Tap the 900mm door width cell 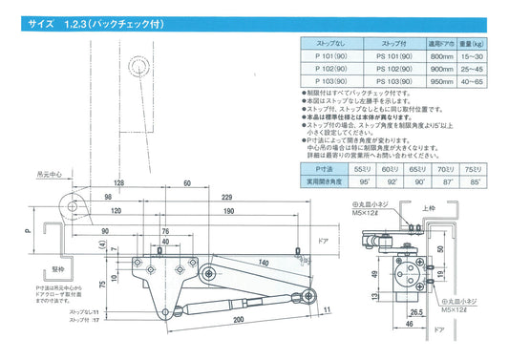pos(440,69)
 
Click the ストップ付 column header pos(392,43)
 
